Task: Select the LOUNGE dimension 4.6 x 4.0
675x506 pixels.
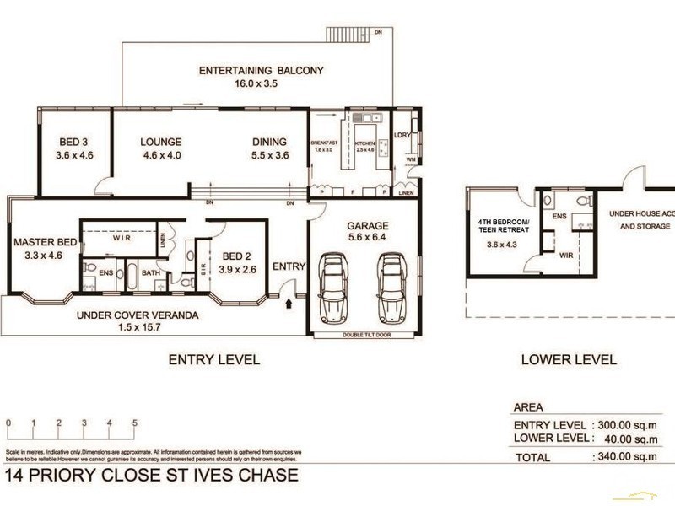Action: (x=160, y=156)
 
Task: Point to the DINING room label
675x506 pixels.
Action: (x=269, y=143)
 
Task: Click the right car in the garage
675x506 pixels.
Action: (x=392, y=287)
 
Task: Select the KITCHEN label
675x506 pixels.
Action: (x=364, y=144)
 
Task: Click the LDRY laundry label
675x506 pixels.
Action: (x=402, y=135)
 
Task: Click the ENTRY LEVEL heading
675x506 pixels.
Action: (x=213, y=359)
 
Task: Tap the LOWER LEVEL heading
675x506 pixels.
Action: (x=568, y=359)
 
